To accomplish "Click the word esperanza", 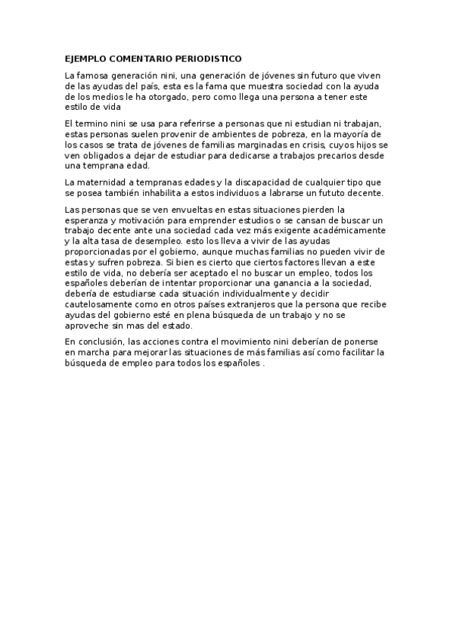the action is click(x=89, y=220).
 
